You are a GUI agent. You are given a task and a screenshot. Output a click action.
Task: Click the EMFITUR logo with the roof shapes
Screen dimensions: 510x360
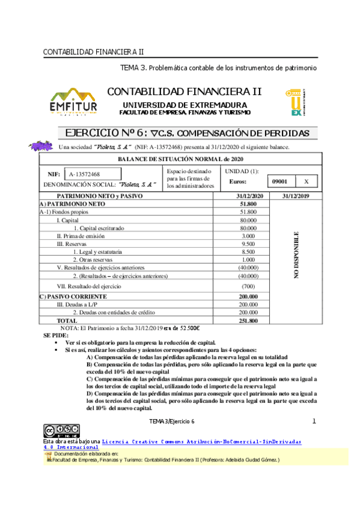(x=73, y=102)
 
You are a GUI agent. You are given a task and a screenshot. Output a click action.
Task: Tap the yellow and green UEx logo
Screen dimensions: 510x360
(x=297, y=102)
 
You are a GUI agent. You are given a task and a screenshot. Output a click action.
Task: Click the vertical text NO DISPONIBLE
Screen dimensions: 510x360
(x=296, y=254)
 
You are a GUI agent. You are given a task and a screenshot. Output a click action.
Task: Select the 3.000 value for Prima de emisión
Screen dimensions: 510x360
(x=248, y=236)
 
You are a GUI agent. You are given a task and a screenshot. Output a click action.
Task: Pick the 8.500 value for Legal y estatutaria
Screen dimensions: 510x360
(x=248, y=251)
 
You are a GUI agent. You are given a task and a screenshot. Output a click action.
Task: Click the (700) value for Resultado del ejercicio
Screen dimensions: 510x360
(x=248, y=286)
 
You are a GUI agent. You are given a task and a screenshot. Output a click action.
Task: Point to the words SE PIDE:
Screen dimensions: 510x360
(x=55, y=334)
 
